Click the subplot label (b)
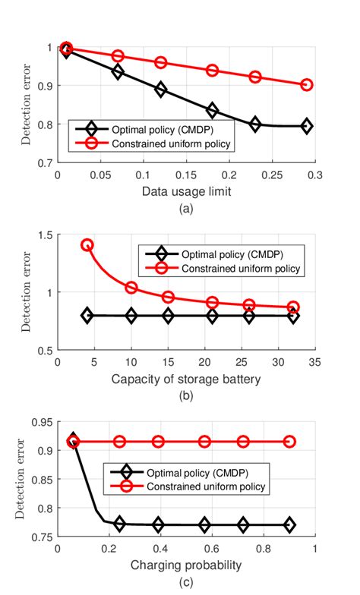185,394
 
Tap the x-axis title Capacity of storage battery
185,378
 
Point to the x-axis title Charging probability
185,565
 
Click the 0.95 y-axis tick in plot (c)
44,422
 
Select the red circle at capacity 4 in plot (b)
87,245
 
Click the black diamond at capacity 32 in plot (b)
293,316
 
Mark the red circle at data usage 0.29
306,85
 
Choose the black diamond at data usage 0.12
160,90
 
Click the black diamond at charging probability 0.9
289,524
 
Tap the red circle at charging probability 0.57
204,441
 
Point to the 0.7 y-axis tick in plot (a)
46,162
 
